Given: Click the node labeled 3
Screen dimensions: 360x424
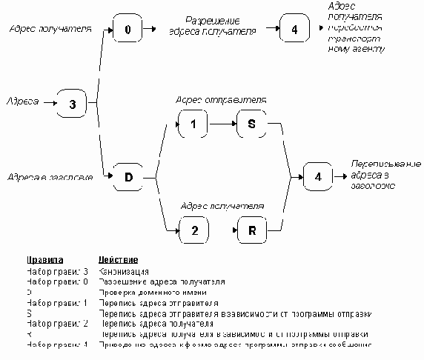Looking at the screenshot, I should point(73,104).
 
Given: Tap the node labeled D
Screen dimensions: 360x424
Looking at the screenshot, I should point(127,177).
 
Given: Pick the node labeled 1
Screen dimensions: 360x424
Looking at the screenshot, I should point(193,124).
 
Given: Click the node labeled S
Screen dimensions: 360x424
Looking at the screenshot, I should point(251,124).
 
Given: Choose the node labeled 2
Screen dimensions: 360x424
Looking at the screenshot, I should point(193,230).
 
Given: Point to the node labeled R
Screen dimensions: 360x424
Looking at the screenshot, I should point(251,230).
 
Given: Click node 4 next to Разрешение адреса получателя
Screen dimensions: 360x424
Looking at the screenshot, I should point(294,30).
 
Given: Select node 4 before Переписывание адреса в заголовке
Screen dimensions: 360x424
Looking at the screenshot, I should point(318,177).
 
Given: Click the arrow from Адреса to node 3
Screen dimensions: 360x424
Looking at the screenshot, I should point(49,103).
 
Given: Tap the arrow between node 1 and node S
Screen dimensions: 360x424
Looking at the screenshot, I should point(222,124).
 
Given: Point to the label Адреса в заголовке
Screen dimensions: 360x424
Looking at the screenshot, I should point(50,178).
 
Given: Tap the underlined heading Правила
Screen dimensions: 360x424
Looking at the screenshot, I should point(45,261).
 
